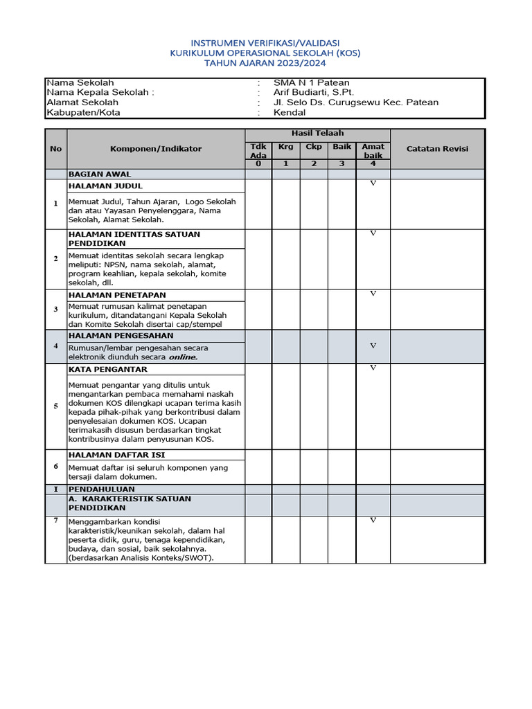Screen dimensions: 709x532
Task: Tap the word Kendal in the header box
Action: point(290,112)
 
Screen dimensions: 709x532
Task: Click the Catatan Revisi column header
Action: point(437,148)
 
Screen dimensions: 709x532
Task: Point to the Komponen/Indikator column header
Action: point(156,148)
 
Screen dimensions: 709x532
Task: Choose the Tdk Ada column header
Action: point(258,151)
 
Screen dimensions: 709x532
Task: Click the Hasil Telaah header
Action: point(317,133)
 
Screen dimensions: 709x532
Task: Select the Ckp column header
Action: point(314,147)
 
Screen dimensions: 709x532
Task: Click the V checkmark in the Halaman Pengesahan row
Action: point(373,345)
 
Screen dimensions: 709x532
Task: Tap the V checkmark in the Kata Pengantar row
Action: point(373,368)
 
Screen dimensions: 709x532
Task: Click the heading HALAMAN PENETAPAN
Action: point(117,295)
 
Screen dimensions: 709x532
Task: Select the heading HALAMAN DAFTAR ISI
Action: point(116,455)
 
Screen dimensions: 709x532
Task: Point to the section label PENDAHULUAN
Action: point(101,489)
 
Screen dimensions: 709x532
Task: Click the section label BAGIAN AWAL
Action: point(100,174)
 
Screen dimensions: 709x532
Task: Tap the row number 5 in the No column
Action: point(56,406)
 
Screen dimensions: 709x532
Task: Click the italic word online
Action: point(182,357)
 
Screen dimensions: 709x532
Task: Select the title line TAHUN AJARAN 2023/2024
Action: point(265,62)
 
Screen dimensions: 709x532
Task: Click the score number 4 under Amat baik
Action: point(373,164)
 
